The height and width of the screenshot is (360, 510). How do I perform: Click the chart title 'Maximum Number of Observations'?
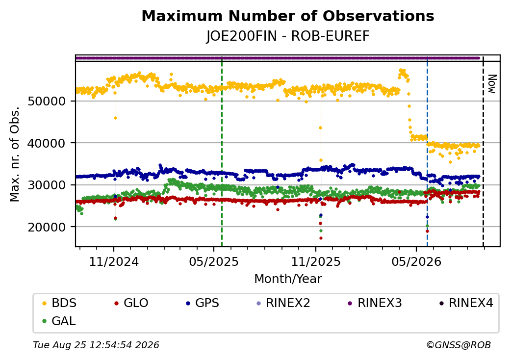[x=288, y=16]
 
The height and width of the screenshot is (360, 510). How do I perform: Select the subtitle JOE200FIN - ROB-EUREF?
[x=288, y=36]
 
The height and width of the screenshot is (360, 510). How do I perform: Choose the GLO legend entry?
[x=131, y=303]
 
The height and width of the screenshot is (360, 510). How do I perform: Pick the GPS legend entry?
[x=203, y=303]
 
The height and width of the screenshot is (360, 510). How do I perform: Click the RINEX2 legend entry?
[x=283, y=303]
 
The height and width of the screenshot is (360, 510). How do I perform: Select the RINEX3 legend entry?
[x=375, y=303]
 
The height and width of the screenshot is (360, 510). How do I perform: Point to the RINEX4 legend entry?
[x=466, y=303]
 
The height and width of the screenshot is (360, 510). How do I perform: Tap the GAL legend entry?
[x=59, y=321]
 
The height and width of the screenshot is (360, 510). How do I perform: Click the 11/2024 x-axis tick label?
[x=114, y=262]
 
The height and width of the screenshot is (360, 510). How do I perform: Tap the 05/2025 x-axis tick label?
[x=214, y=262]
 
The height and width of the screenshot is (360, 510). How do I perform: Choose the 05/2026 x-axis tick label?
[x=416, y=262]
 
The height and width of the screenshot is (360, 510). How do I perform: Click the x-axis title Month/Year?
[x=288, y=279]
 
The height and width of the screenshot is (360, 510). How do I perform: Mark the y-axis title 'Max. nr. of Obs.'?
[x=15, y=154]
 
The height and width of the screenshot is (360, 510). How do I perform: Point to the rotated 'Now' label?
[x=492, y=84]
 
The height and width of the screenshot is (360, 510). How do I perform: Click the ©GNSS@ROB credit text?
[x=459, y=345]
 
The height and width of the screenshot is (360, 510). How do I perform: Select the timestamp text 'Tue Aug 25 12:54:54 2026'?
[x=96, y=345]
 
